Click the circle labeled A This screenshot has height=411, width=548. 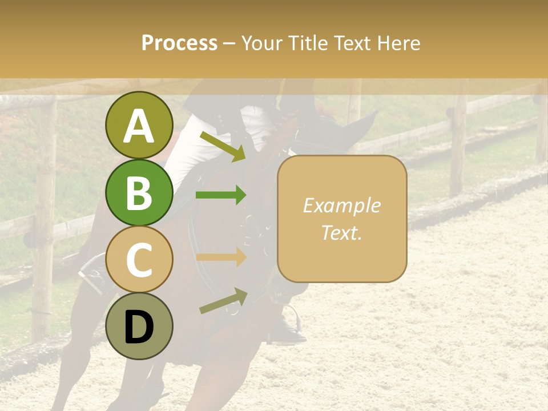(x=139, y=125)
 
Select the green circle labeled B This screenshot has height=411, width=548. (x=139, y=192)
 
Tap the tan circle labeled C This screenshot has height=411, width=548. (x=139, y=260)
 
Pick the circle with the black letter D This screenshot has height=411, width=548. (x=139, y=327)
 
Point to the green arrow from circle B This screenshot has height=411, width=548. (x=221, y=195)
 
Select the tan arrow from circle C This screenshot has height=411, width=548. (x=221, y=257)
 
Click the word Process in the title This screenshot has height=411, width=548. (x=179, y=43)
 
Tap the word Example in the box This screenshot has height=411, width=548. (x=341, y=205)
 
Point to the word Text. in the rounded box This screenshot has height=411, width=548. (x=341, y=233)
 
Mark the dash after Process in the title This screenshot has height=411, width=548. (x=229, y=43)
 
